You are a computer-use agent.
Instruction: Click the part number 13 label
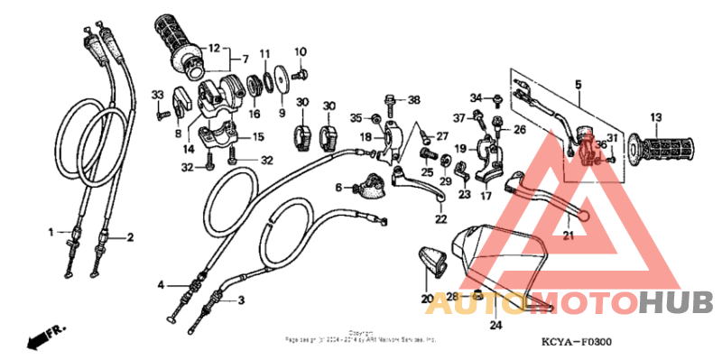656,116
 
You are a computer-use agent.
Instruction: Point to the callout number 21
569,236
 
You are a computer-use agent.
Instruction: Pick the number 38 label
414,99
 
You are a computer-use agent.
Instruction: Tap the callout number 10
301,51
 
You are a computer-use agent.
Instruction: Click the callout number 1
51,232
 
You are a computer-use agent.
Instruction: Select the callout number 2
130,238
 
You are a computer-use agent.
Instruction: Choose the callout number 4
160,285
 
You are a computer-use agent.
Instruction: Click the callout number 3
241,300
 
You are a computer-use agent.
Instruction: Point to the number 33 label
156,95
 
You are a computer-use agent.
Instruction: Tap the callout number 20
426,299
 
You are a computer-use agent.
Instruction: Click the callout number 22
440,218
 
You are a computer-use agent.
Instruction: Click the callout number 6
341,188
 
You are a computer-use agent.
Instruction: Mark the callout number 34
476,97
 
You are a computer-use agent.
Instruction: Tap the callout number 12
214,48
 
